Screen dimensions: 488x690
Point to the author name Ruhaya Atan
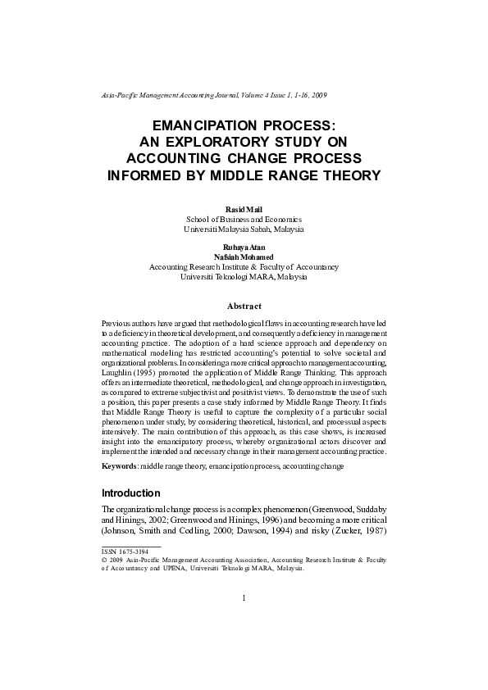coord(244,247)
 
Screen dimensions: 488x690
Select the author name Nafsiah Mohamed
coord(244,256)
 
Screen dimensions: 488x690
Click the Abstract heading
coord(244,306)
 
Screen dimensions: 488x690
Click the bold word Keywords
coord(118,466)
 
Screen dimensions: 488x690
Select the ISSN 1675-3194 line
coord(125,552)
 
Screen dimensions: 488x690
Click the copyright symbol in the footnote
coord(104,560)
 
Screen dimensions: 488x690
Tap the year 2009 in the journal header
coord(319,95)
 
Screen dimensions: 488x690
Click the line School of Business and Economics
coord(244,220)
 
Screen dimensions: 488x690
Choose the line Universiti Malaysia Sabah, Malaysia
coord(244,229)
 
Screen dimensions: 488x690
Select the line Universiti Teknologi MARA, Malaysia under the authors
coord(244,277)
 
